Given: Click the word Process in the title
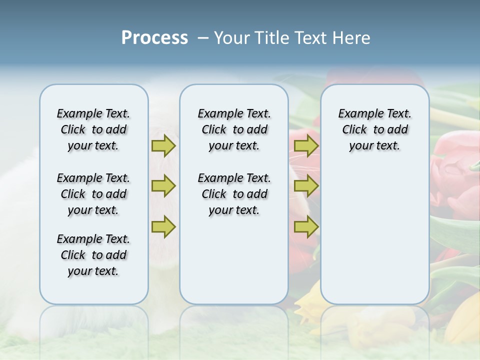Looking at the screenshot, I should (154, 38).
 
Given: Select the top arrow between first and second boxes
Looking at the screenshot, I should (163, 145).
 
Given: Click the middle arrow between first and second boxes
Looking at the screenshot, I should (163, 186).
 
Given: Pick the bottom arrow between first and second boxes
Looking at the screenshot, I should (163, 226).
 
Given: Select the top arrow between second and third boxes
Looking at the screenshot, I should (306, 145).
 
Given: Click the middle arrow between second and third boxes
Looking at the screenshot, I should (306, 186).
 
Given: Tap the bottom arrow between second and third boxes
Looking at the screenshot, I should (306, 226).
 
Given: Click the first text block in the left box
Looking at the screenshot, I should (93, 129).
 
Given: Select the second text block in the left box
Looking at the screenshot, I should (93, 194).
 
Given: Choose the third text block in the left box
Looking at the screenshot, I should (93, 255).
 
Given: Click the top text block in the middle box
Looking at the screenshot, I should (234, 129).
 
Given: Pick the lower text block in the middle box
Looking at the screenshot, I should (234, 194).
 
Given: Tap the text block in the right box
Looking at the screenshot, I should (374, 129).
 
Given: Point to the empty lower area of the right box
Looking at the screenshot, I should (374, 235).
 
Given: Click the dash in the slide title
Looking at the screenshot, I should (203, 38).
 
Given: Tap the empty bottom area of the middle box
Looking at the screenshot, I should (234, 265).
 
